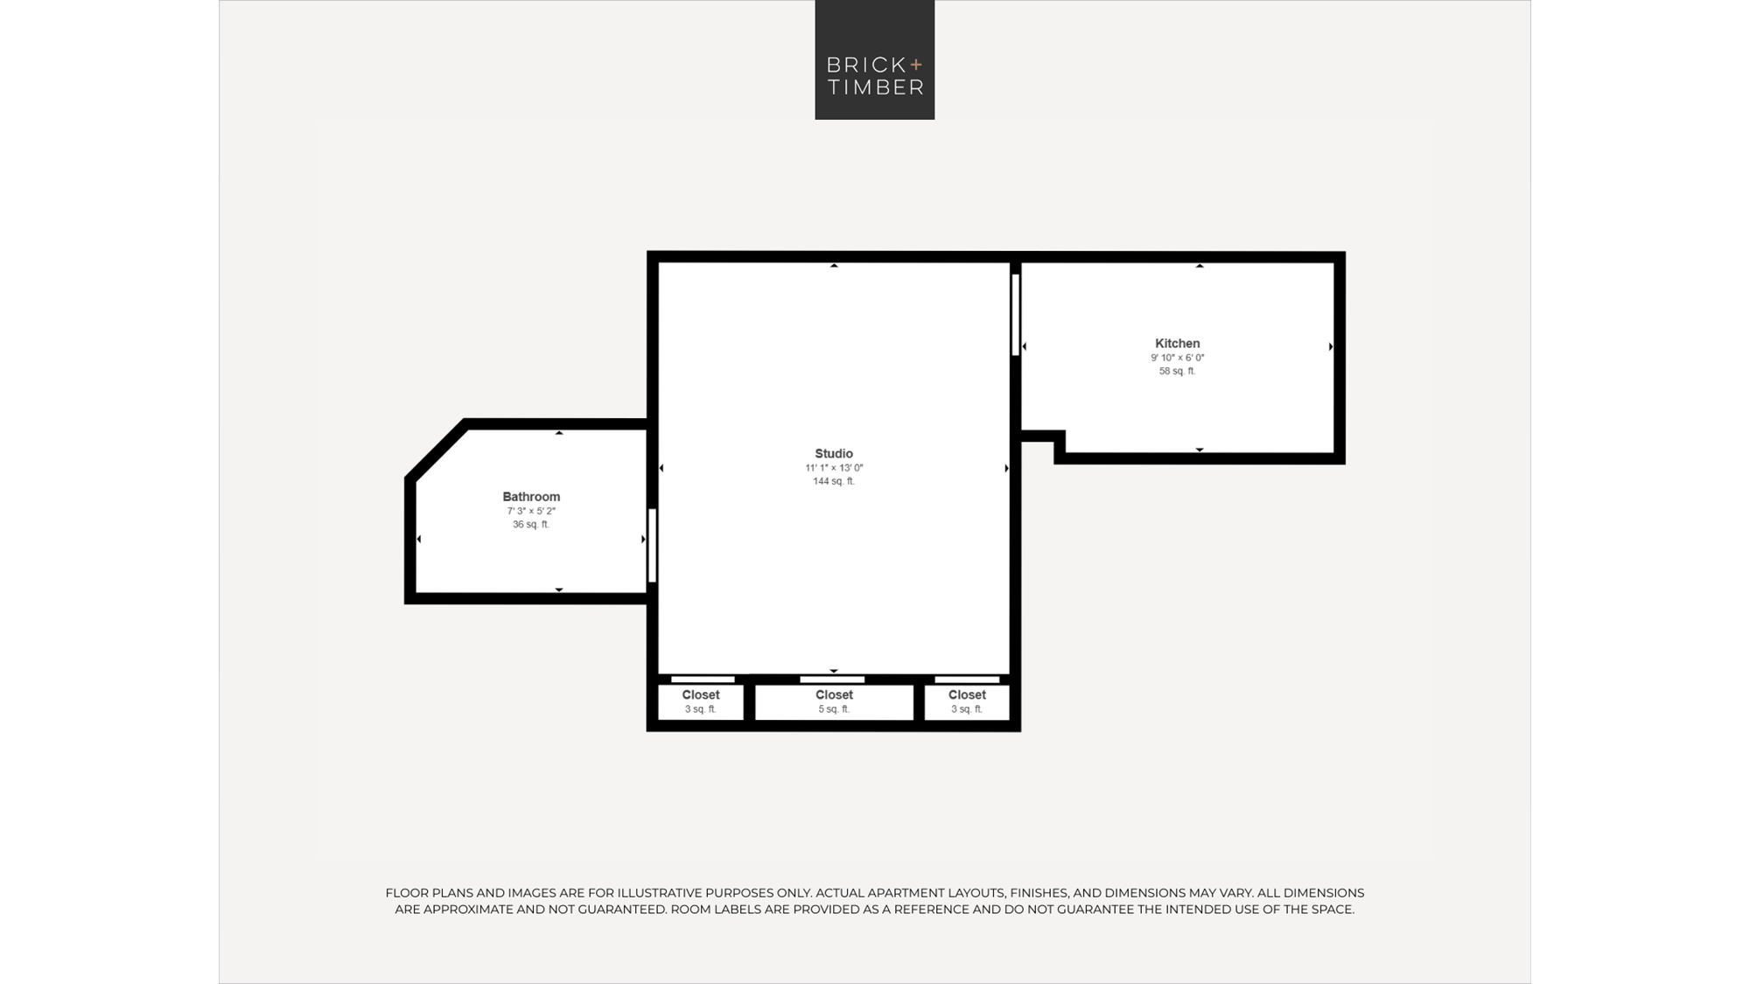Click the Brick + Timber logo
pyautogui.click(x=874, y=59)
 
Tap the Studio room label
pyautogui.click(x=834, y=453)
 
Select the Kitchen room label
pyautogui.click(x=1177, y=344)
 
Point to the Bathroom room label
pyautogui.click(x=531, y=497)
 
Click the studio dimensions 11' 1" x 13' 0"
pyautogui.click(x=834, y=468)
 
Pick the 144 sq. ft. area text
pyautogui.click(x=834, y=481)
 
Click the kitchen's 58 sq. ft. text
pyautogui.click(x=1177, y=371)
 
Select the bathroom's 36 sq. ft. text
pyautogui.click(x=531, y=525)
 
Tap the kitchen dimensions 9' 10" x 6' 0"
pyautogui.click(x=1177, y=358)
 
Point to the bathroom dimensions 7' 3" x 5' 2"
pyautogui.click(x=531, y=511)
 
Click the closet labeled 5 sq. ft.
pyautogui.click(x=834, y=701)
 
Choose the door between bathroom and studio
pyautogui.click(x=652, y=545)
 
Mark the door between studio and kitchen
pyautogui.click(x=1015, y=315)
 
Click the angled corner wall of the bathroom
pyautogui.click(x=436, y=450)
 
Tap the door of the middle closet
pyautogui.click(x=832, y=680)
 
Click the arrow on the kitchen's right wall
pyautogui.click(x=1331, y=346)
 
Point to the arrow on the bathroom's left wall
pyautogui.click(x=419, y=539)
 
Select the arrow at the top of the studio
pyautogui.click(x=834, y=265)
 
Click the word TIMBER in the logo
pyautogui.click(x=875, y=87)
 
